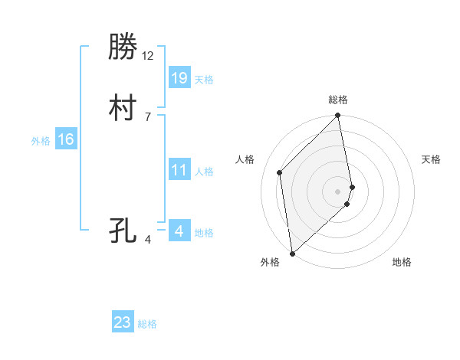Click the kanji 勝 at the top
coord(123,48)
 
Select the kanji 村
coord(123,109)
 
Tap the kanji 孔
coord(123,229)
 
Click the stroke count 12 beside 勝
coord(148,56)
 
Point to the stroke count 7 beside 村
coord(147,116)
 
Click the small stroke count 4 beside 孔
coord(148,240)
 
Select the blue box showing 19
coord(179,77)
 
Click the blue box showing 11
coord(179,170)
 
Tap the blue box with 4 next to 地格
coord(179,231)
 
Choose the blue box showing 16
coord(66,139)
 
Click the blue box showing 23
coord(123,322)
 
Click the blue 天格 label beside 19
coord(204,80)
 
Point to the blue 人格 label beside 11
coord(204,172)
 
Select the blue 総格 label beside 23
coord(147,324)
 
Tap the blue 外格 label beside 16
coord(41,141)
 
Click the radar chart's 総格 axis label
coord(338,100)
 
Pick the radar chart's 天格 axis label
coord(431,159)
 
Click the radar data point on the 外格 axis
coord(291,253)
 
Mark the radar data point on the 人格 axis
coord(280,172)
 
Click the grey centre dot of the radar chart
coord(338,191)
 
